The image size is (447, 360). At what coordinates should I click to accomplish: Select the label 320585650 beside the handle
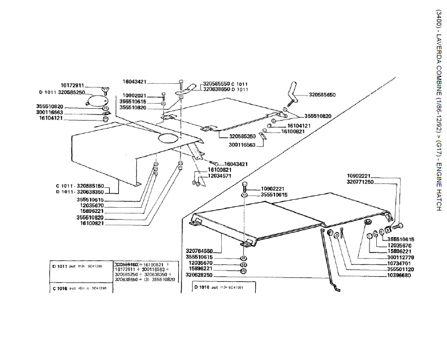(322, 95)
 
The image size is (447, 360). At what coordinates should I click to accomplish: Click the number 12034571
(220, 176)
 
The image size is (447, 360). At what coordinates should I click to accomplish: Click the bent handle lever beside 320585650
(294, 91)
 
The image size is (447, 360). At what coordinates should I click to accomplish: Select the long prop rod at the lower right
(329, 260)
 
